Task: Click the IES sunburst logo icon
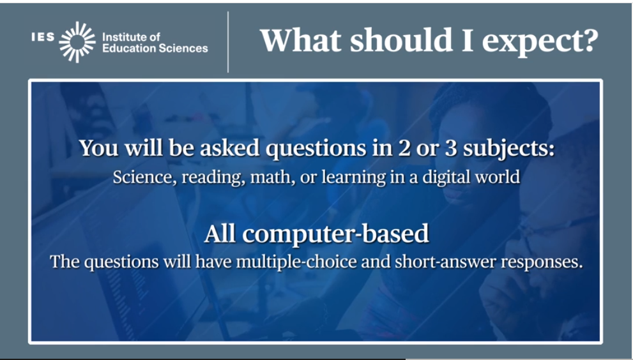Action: [x=77, y=42]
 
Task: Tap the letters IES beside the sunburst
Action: [x=43, y=37]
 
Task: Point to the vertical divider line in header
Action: [x=228, y=42]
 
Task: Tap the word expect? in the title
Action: [x=540, y=42]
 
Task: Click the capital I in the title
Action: [x=467, y=40]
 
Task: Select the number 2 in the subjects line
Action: [x=404, y=148]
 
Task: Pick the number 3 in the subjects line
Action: [x=451, y=148]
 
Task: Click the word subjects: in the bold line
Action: [x=509, y=149]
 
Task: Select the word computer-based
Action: [x=335, y=234]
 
